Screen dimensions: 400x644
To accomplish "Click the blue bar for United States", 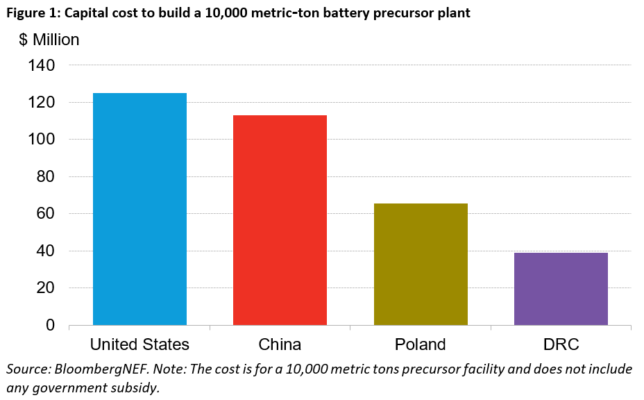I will click(x=139, y=208).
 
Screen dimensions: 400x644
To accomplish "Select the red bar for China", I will click(x=280, y=219).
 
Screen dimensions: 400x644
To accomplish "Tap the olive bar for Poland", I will click(x=421, y=264).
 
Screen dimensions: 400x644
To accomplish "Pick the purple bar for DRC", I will click(x=561, y=289).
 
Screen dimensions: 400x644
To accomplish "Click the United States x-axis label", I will click(x=139, y=344).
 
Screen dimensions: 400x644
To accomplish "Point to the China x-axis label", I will click(x=280, y=344).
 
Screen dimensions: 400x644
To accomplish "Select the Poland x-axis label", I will click(x=421, y=344).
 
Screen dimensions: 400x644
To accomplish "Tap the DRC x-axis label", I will click(x=561, y=344).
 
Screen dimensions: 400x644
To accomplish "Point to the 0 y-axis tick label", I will click(x=51, y=325).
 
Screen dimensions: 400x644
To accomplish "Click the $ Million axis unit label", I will click(x=49, y=40).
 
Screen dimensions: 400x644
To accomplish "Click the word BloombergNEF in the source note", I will click(x=93, y=369).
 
